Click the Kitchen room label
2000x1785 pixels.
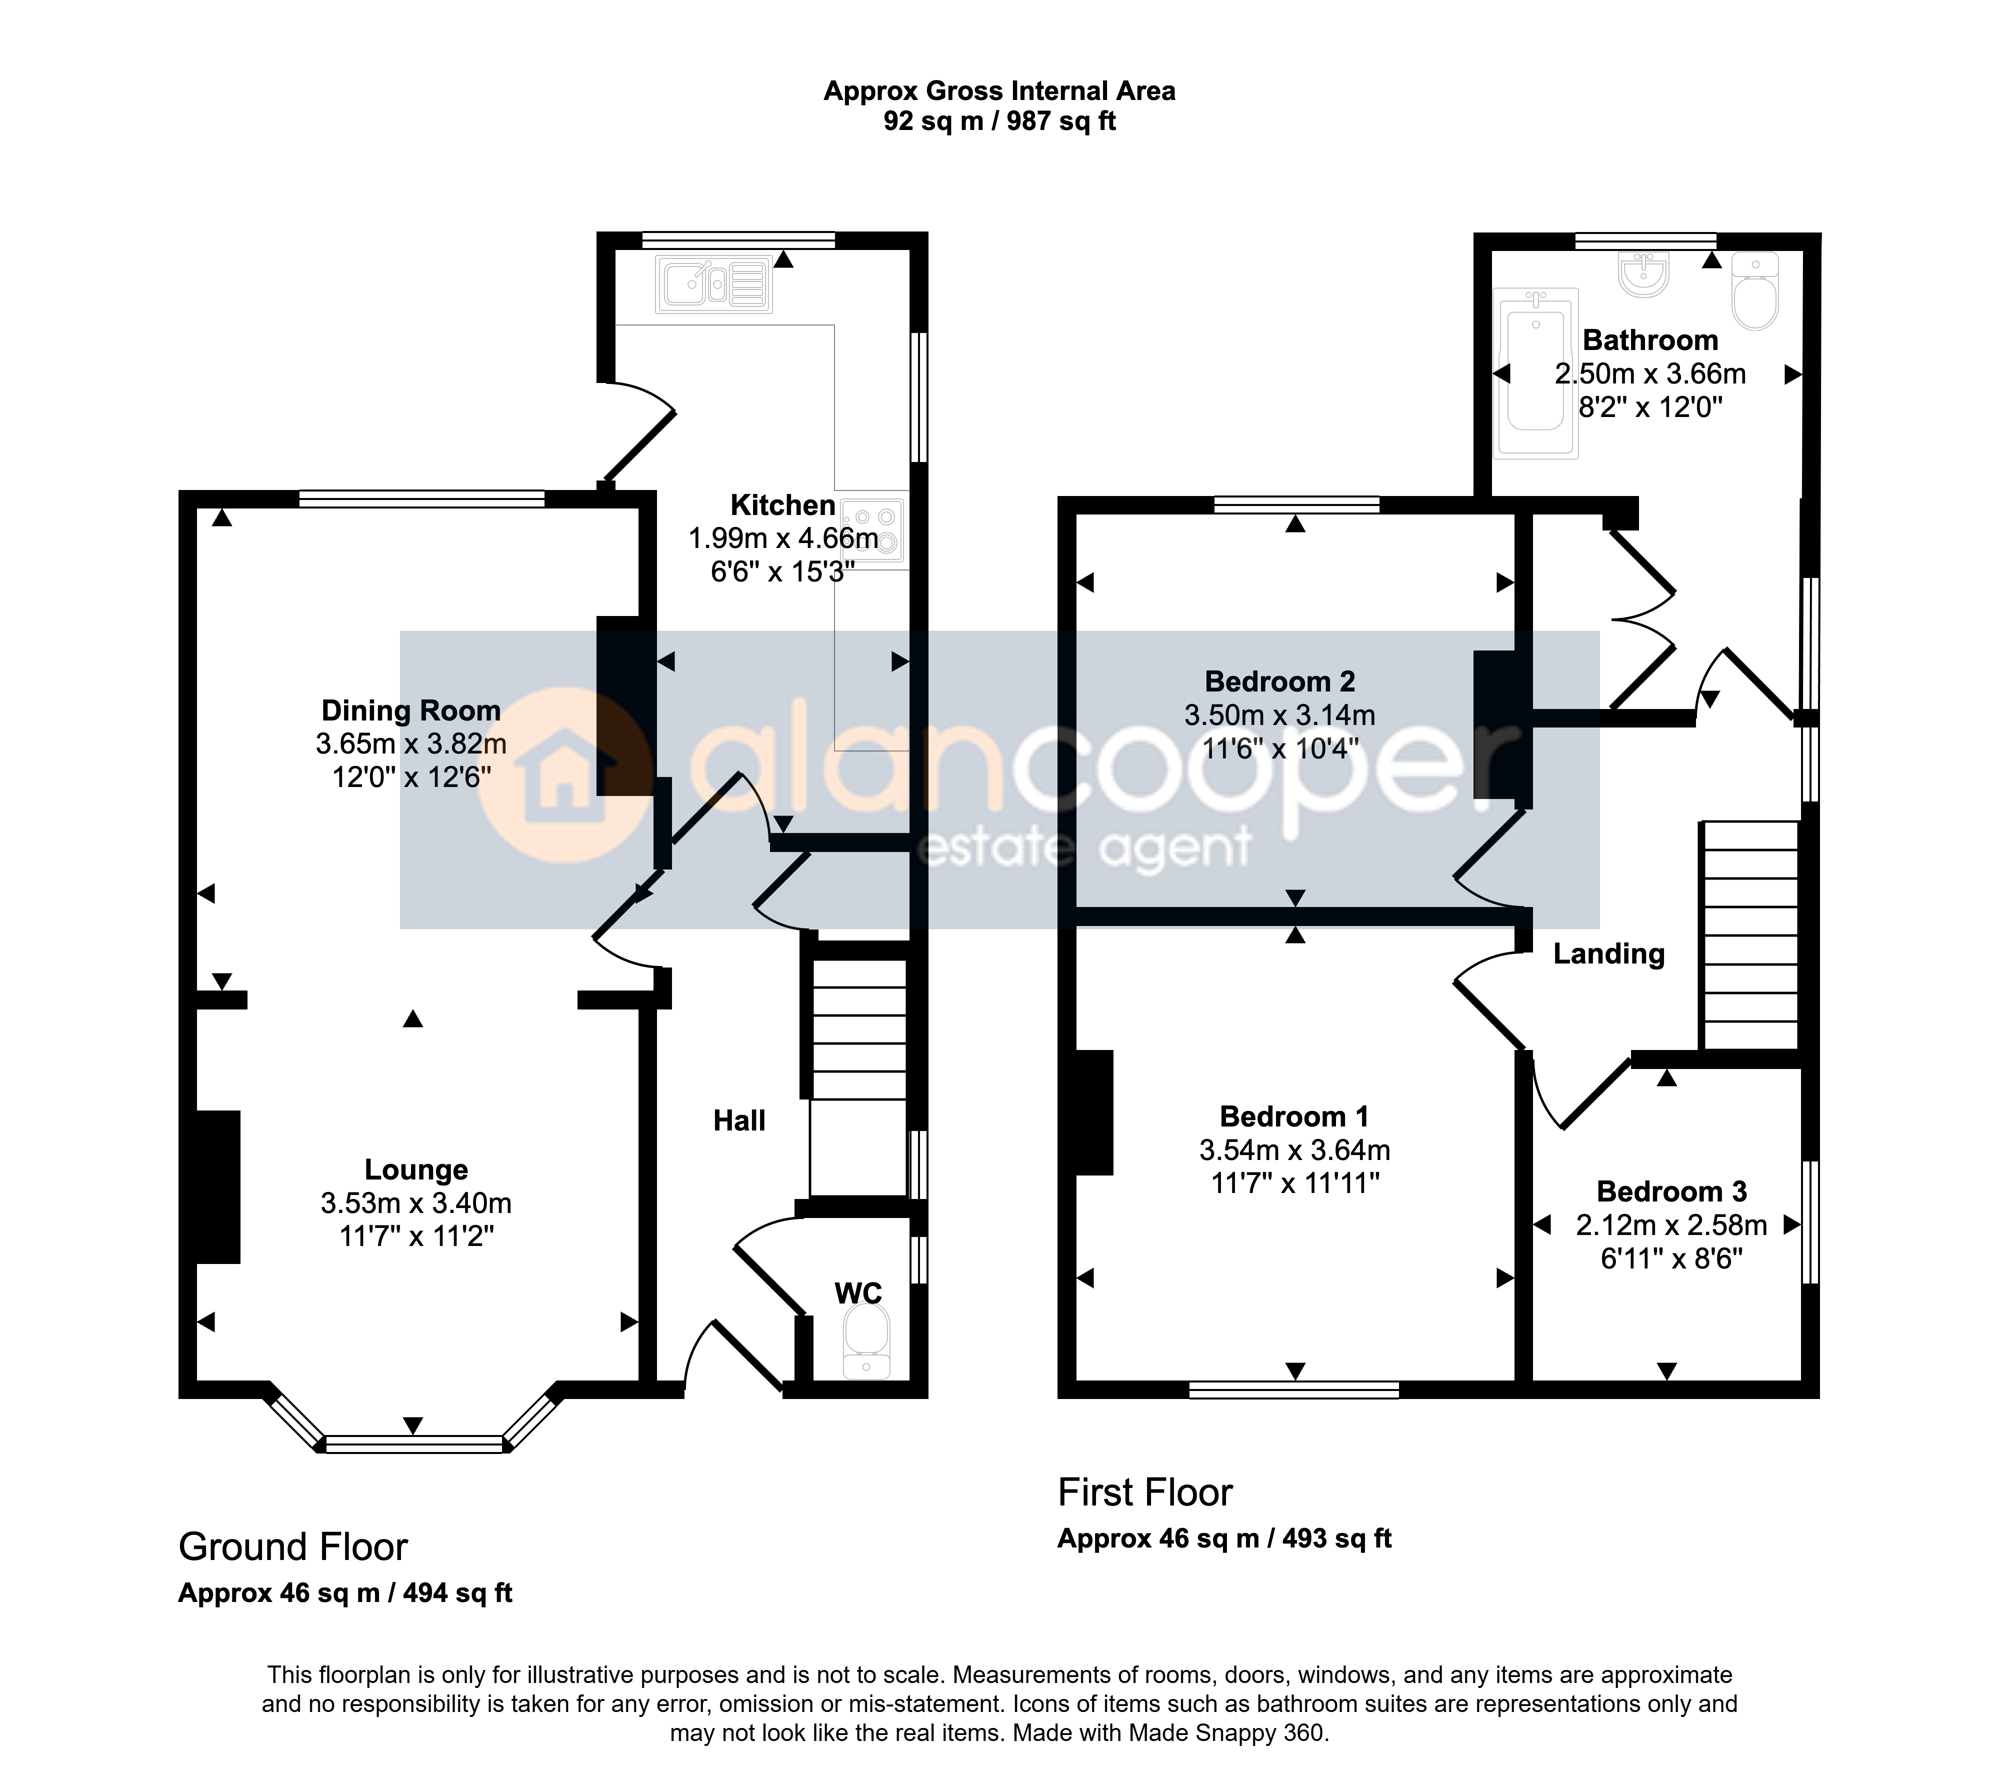(782, 505)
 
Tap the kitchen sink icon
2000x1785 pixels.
(713, 284)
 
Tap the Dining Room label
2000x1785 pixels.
(411, 710)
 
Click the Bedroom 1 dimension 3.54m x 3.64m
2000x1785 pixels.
(1295, 1149)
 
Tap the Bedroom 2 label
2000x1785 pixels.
(1280, 680)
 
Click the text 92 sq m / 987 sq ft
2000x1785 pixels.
(999, 121)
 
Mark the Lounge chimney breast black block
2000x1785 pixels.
(218, 1186)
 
